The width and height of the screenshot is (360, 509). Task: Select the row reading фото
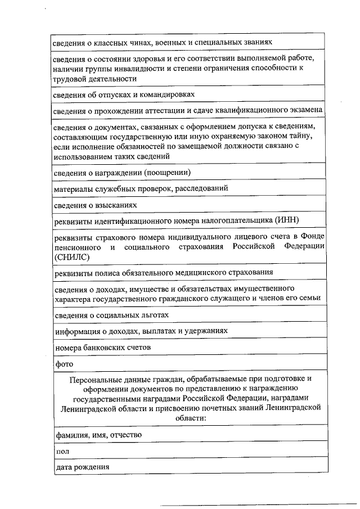click(x=61, y=364)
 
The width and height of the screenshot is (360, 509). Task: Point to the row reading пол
click(x=60, y=451)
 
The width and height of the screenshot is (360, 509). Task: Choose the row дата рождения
click(x=82, y=467)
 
